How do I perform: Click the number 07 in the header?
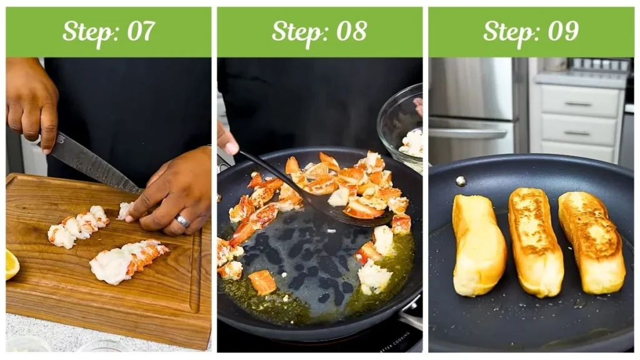[141, 31]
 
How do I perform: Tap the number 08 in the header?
[351, 31]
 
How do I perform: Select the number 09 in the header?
[563, 31]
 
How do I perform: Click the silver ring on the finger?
[182, 221]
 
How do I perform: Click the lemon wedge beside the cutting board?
[12, 264]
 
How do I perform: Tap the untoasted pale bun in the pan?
[479, 246]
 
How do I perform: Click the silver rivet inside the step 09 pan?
[461, 181]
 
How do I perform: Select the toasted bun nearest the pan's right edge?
[592, 242]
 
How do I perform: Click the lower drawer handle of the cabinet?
[577, 133]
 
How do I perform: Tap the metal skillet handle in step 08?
[411, 311]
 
